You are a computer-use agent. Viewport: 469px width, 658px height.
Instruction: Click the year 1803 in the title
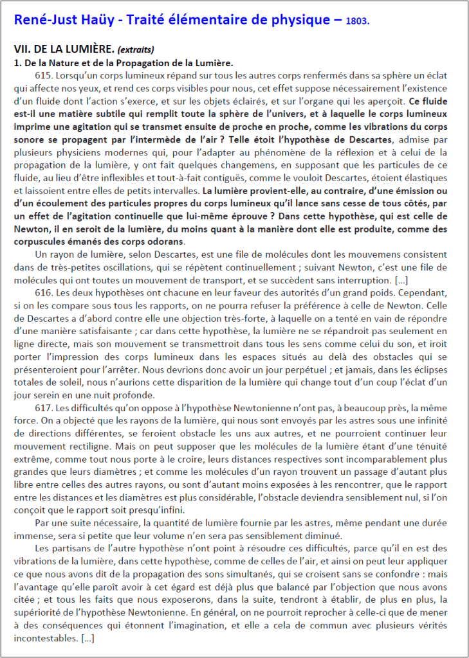pyautogui.click(x=357, y=21)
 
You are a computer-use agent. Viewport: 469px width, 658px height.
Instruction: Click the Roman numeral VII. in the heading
pyautogui.click(x=22, y=49)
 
